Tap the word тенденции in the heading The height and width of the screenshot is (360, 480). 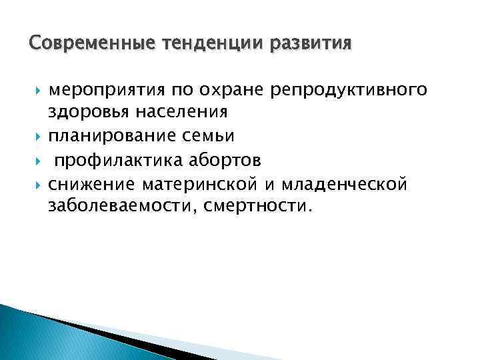coord(203,45)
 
